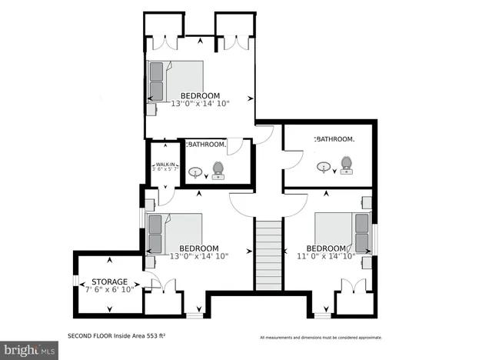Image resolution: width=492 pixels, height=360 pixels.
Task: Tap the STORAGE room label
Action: pyautogui.click(x=110, y=282)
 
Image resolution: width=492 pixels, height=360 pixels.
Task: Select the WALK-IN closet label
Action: pyautogui.click(x=164, y=164)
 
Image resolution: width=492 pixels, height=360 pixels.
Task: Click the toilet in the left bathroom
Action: pyautogui.click(x=218, y=169)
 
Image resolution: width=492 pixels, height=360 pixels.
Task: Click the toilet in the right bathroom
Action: pyautogui.click(x=346, y=165)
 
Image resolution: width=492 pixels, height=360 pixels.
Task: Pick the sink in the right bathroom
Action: pyautogui.click(x=325, y=165)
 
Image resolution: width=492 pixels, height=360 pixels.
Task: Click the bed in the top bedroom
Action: pyautogui.click(x=176, y=81)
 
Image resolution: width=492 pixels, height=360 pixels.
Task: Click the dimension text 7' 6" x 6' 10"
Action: pyautogui.click(x=110, y=289)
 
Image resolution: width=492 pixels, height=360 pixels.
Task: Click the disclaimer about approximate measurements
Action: pyautogui.click(x=321, y=337)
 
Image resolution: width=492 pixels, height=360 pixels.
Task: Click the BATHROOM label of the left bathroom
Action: pyautogui.click(x=206, y=144)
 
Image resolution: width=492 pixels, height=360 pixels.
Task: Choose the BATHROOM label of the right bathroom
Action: pyautogui.click(x=334, y=139)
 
